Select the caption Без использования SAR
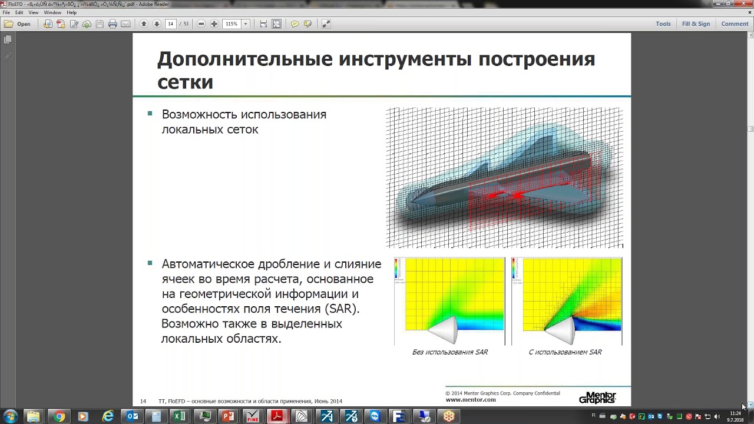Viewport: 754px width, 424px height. point(450,352)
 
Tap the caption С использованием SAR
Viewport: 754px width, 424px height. point(565,352)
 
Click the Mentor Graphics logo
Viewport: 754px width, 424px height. point(597,398)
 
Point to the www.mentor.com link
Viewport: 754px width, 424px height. point(471,400)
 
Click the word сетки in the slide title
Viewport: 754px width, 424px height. point(185,82)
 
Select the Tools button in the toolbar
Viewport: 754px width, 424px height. point(663,24)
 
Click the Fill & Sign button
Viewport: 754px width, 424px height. point(696,24)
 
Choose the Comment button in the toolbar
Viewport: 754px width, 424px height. point(735,24)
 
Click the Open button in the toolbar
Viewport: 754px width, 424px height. point(18,24)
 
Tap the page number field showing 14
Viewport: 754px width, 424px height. point(170,24)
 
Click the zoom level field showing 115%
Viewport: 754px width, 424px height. point(232,24)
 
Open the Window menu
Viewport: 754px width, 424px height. point(52,12)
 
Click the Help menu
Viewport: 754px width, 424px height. point(72,12)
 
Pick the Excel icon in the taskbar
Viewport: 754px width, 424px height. point(179,416)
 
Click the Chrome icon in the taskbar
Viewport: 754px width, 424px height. point(59,416)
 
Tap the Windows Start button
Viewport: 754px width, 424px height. point(11,416)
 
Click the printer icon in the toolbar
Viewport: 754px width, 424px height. point(113,24)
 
